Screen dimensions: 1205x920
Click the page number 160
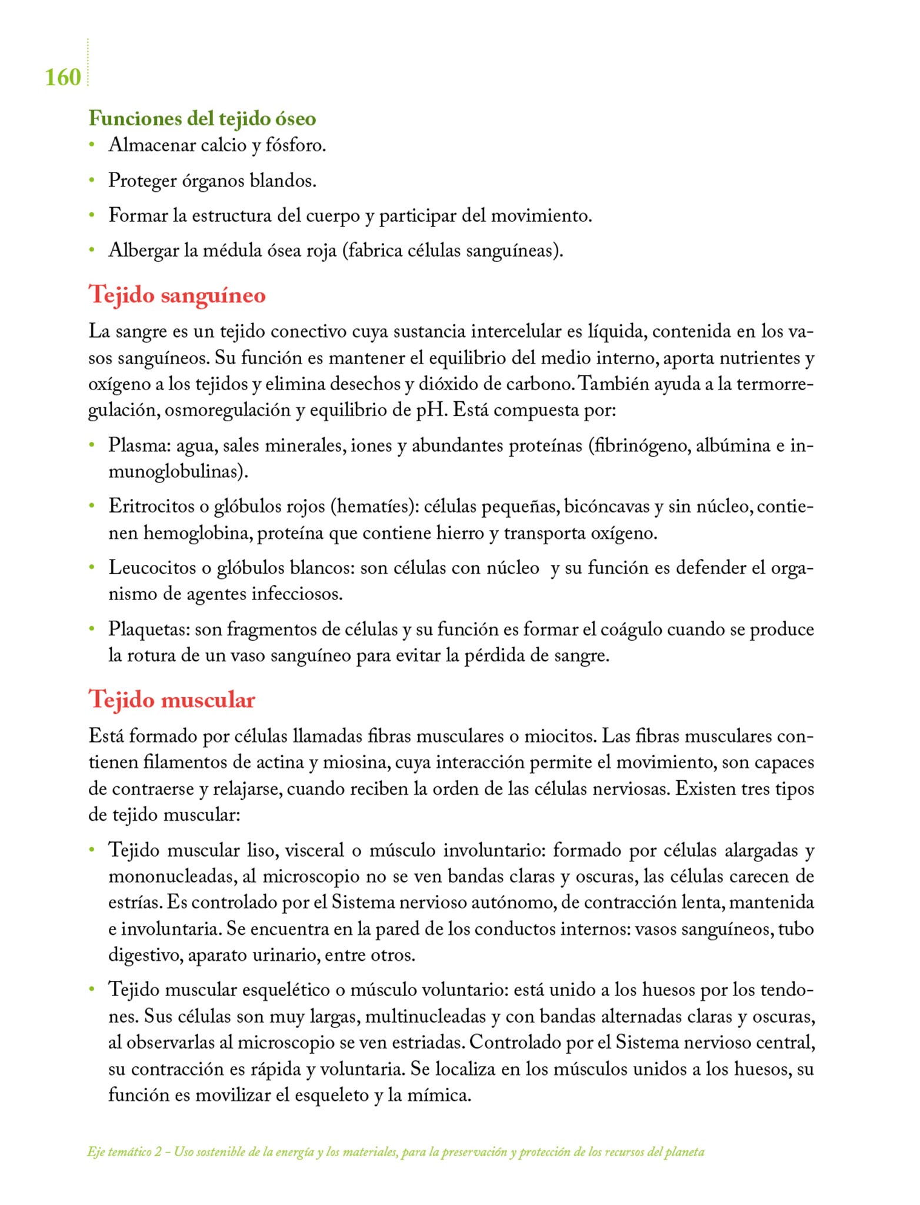point(63,78)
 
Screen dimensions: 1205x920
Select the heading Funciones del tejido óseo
point(202,119)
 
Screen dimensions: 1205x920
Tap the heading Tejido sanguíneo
point(177,295)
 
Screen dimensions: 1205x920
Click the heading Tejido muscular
point(172,700)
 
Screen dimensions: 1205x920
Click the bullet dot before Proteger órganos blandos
point(92,180)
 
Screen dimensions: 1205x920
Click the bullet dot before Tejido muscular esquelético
point(92,990)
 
